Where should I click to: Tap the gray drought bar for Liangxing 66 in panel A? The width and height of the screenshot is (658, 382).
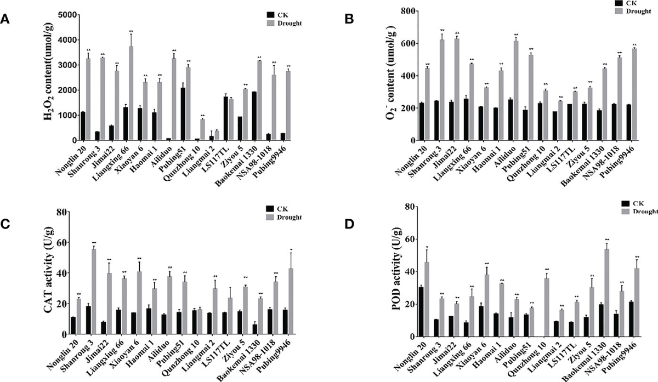[x=131, y=93]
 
